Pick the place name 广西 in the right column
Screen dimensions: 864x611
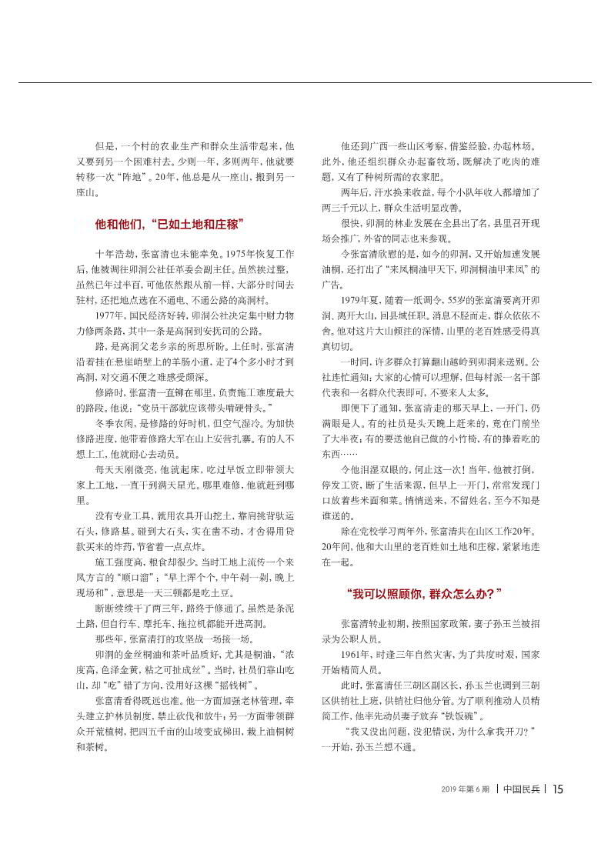(x=380, y=146)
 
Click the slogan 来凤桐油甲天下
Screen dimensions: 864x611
(x=422, y=270)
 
